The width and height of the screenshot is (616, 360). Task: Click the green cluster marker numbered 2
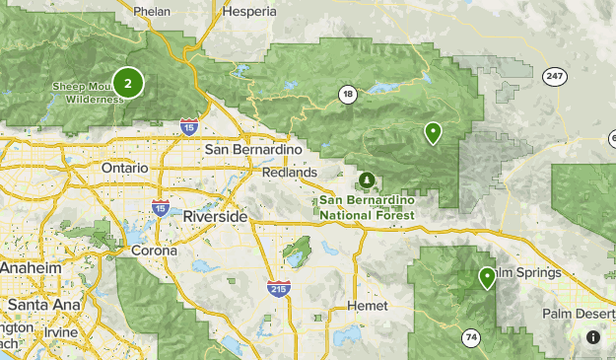[x=127, y=83]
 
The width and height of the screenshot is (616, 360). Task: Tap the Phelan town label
[x=152, y=12]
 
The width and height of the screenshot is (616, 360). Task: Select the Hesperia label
[x=249, y=12]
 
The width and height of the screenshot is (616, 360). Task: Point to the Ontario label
[x=124, y=168]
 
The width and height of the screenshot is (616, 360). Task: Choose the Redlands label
[x=290, y=172]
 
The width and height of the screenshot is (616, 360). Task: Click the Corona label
[x=155, y=251]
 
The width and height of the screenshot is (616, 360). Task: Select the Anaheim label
[x=31, y=268]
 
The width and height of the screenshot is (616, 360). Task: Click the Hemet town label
[x=368, y=307]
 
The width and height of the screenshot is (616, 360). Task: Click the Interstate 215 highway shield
[x=279, y=289]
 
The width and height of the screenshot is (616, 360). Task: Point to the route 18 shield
[x=347, y=95]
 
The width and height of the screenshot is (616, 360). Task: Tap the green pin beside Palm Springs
[x=487, y=277]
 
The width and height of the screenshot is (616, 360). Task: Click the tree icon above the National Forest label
[x=367, y=180]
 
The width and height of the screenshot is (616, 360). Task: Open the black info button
[x=593, y=337]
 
